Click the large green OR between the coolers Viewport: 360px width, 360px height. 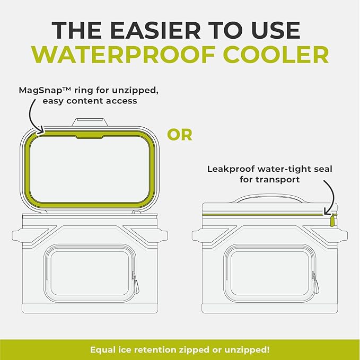(180, 135)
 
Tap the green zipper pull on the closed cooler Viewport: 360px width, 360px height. (332, 220)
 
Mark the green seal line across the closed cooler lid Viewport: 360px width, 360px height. (265, 214)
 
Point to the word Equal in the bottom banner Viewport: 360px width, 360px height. (102, 350)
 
